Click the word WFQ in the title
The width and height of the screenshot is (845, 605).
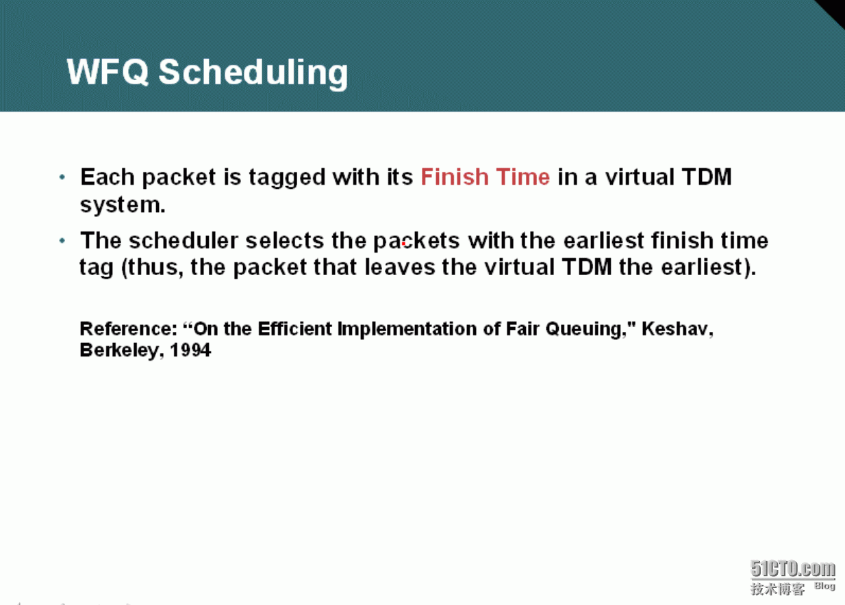coord(108,72)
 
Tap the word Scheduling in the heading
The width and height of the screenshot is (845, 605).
coord(253,73)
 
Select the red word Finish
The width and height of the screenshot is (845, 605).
coord(455,177)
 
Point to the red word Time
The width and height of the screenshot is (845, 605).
coord(523,177)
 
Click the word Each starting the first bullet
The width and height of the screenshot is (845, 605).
coord(107,177)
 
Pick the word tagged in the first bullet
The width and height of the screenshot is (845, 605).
coord(287,178)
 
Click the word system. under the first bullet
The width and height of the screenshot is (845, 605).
coord(123,205)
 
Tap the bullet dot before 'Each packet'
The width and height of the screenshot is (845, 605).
coord(62,177)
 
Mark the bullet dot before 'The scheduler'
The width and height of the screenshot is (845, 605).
coord(62,240)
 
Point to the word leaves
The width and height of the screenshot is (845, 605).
coord(400,267)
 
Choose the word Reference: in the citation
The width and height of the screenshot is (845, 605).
coord(129,329)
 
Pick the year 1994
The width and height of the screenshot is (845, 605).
coord(190,350)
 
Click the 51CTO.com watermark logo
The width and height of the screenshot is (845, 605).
coord(793,569)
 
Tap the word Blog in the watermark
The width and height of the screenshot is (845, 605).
coord(825,586)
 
